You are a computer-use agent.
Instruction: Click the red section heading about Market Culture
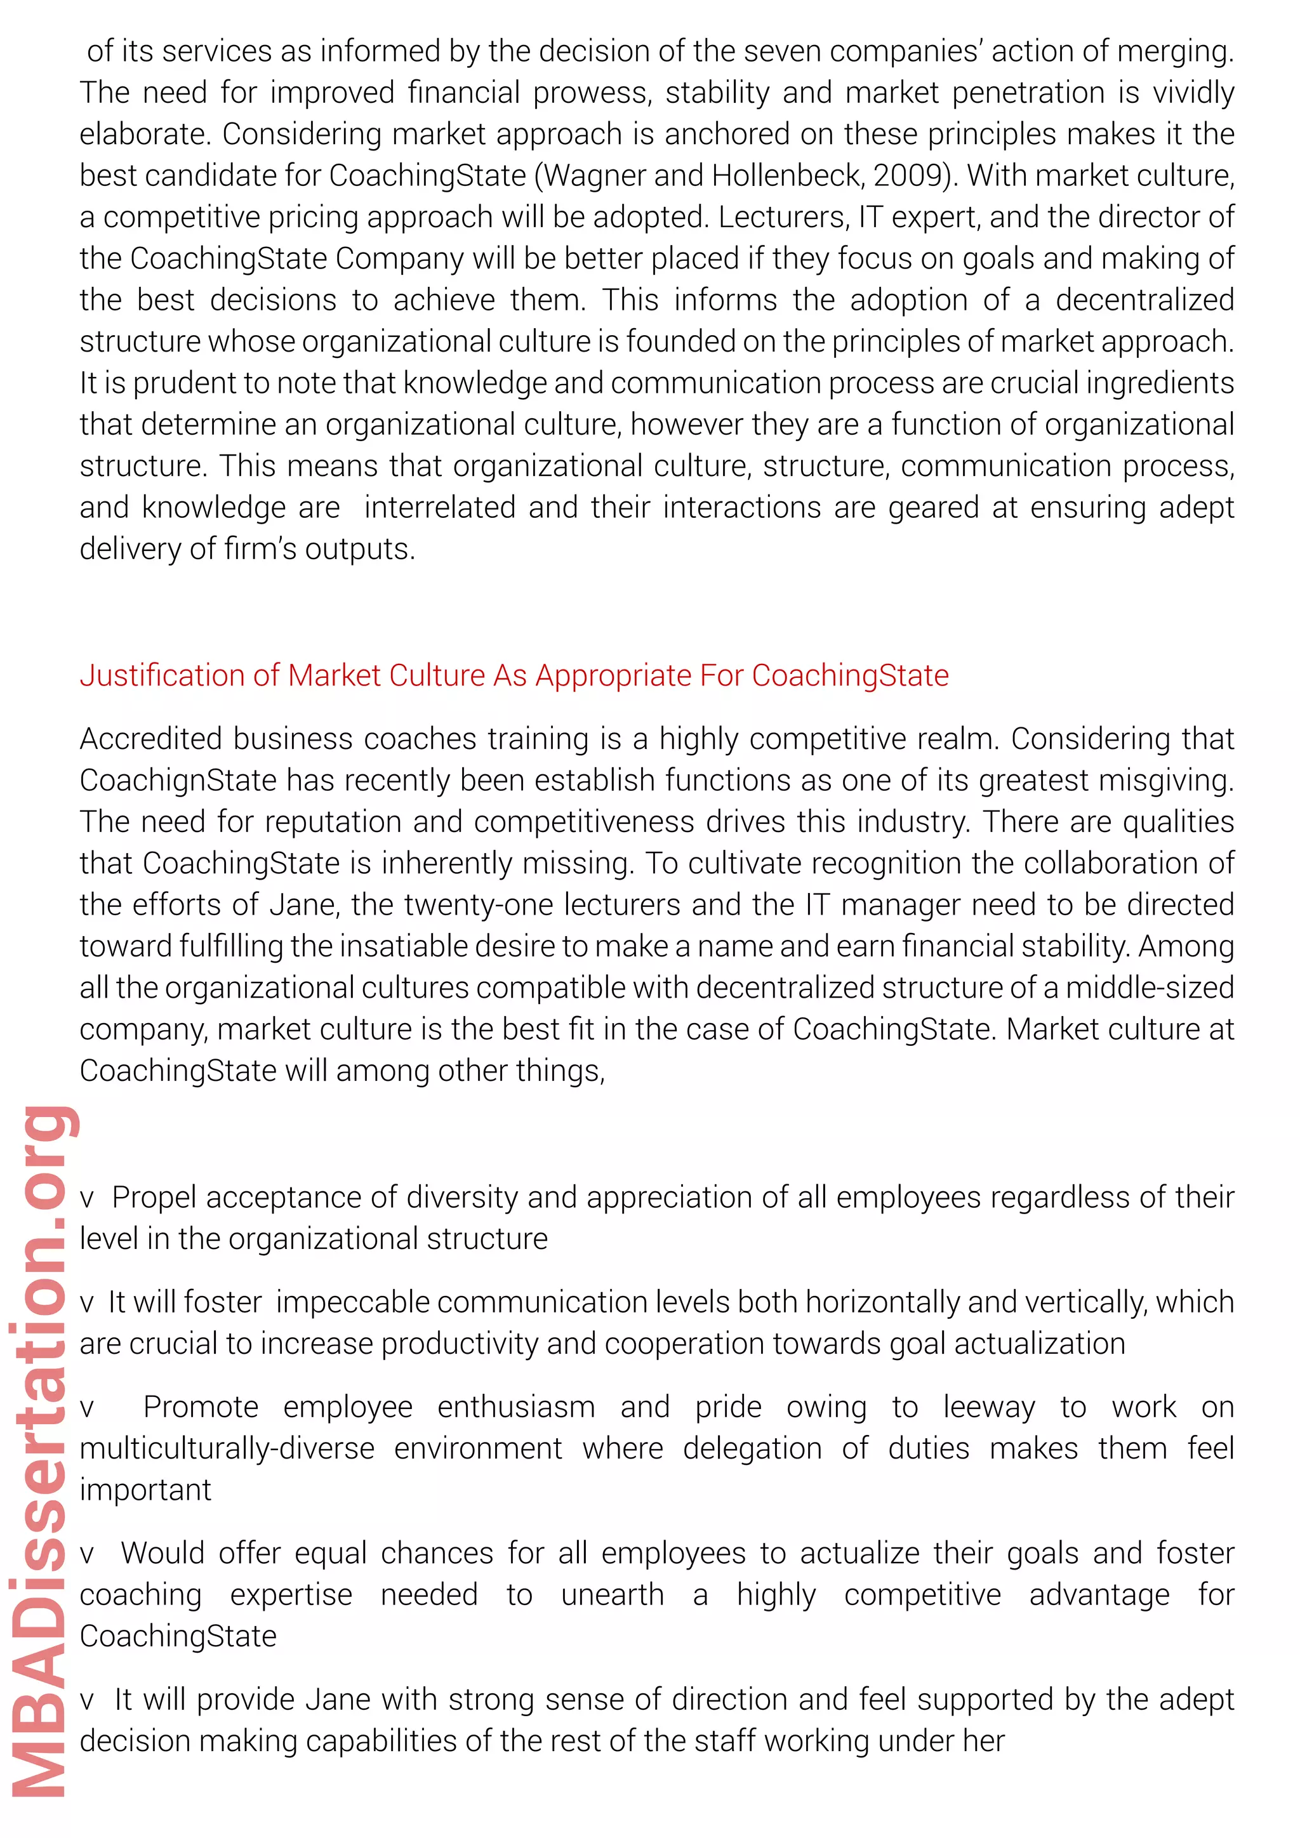[x=514, y=676]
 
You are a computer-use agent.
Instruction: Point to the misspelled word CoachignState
[x=178, y=781]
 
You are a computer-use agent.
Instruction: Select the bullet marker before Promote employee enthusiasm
[x=86, y=1408]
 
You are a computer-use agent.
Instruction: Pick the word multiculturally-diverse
[x=227, y=1449]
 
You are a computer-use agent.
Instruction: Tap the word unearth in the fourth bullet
[x=613, y=1595]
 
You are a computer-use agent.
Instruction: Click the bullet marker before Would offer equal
[x=86, y=1554]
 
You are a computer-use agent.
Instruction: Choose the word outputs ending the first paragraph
[x=360, y=549]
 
